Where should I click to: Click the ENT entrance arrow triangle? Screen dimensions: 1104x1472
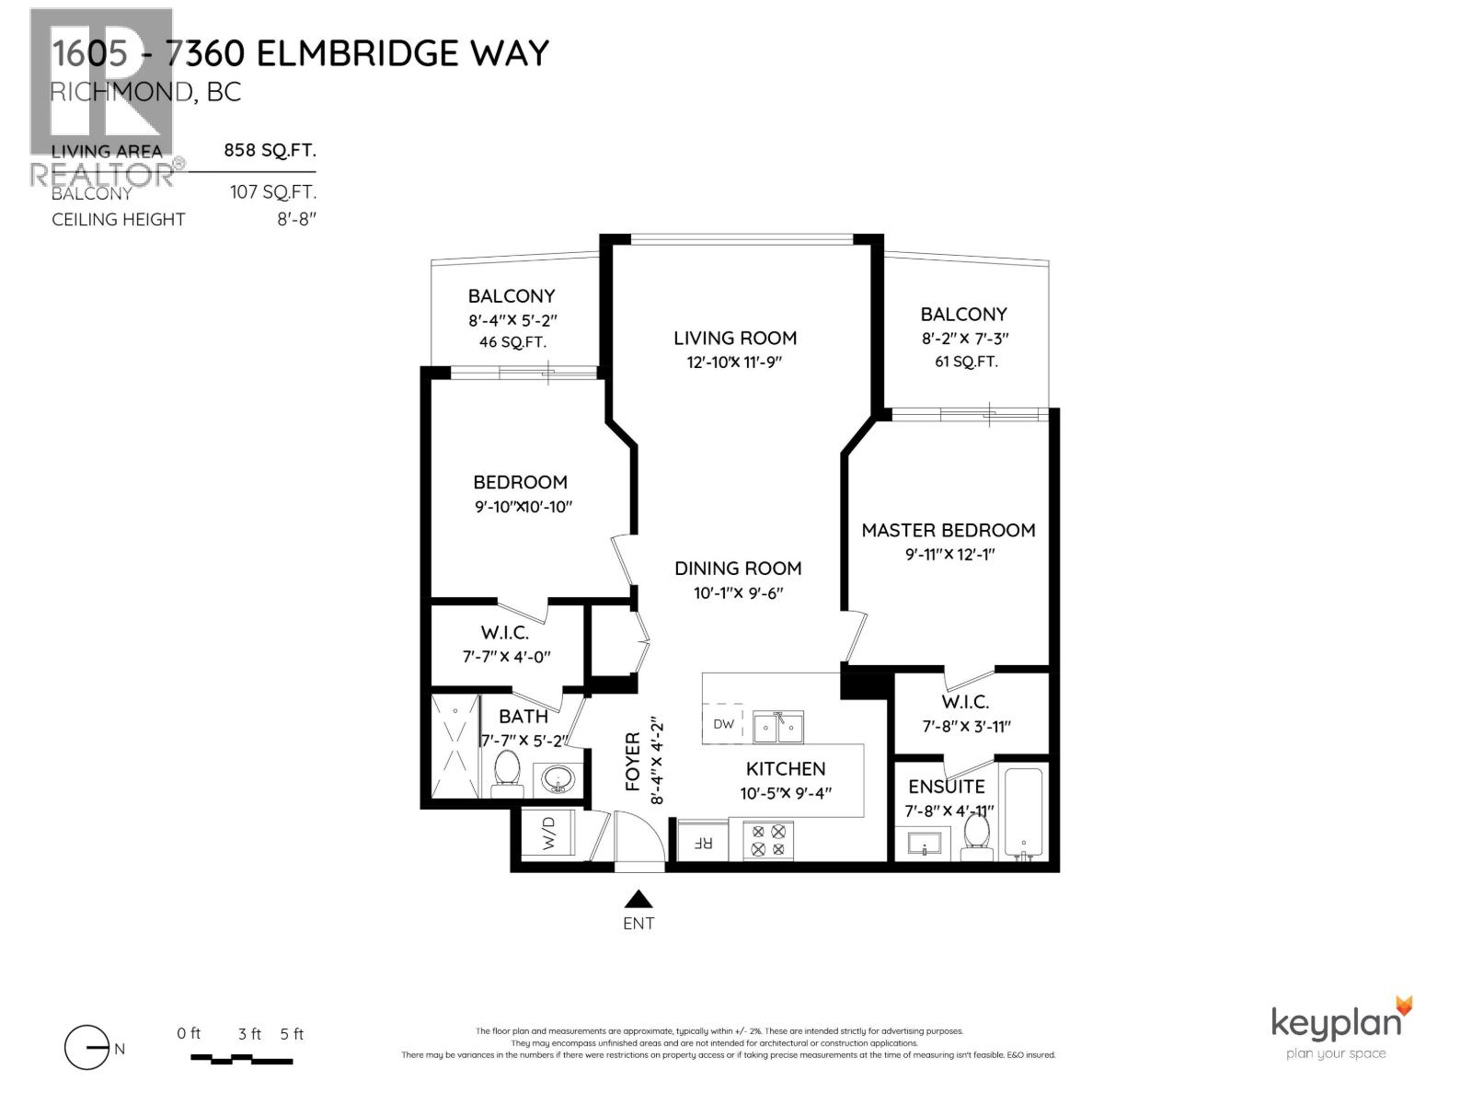pyautogui.click(x=638, y=900)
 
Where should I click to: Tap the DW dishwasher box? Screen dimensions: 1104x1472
pyautogui.click(x=724, y=724)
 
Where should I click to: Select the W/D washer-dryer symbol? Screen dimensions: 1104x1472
pyautogui.click(x=548, y=834)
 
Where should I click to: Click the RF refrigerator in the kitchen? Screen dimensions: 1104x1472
pyautogui.click(x=702, y=841)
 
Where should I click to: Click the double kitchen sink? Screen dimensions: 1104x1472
pyautogui.click(x=777, y=727)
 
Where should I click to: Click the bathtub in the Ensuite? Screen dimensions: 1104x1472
pyautogui.click(x=1023, y=812)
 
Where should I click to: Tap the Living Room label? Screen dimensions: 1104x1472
pyautogui.click(x=735, y=338)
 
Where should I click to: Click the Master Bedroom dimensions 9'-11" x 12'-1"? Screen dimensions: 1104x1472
pyautogui.click(x=949, y=554)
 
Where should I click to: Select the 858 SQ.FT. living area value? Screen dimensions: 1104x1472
pyautogui.click(x=270, y=151)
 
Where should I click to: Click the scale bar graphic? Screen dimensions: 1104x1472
pyautogui.click(x=241, y=1059)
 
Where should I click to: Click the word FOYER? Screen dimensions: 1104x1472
pyautogui.click(x=633, y=762)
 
